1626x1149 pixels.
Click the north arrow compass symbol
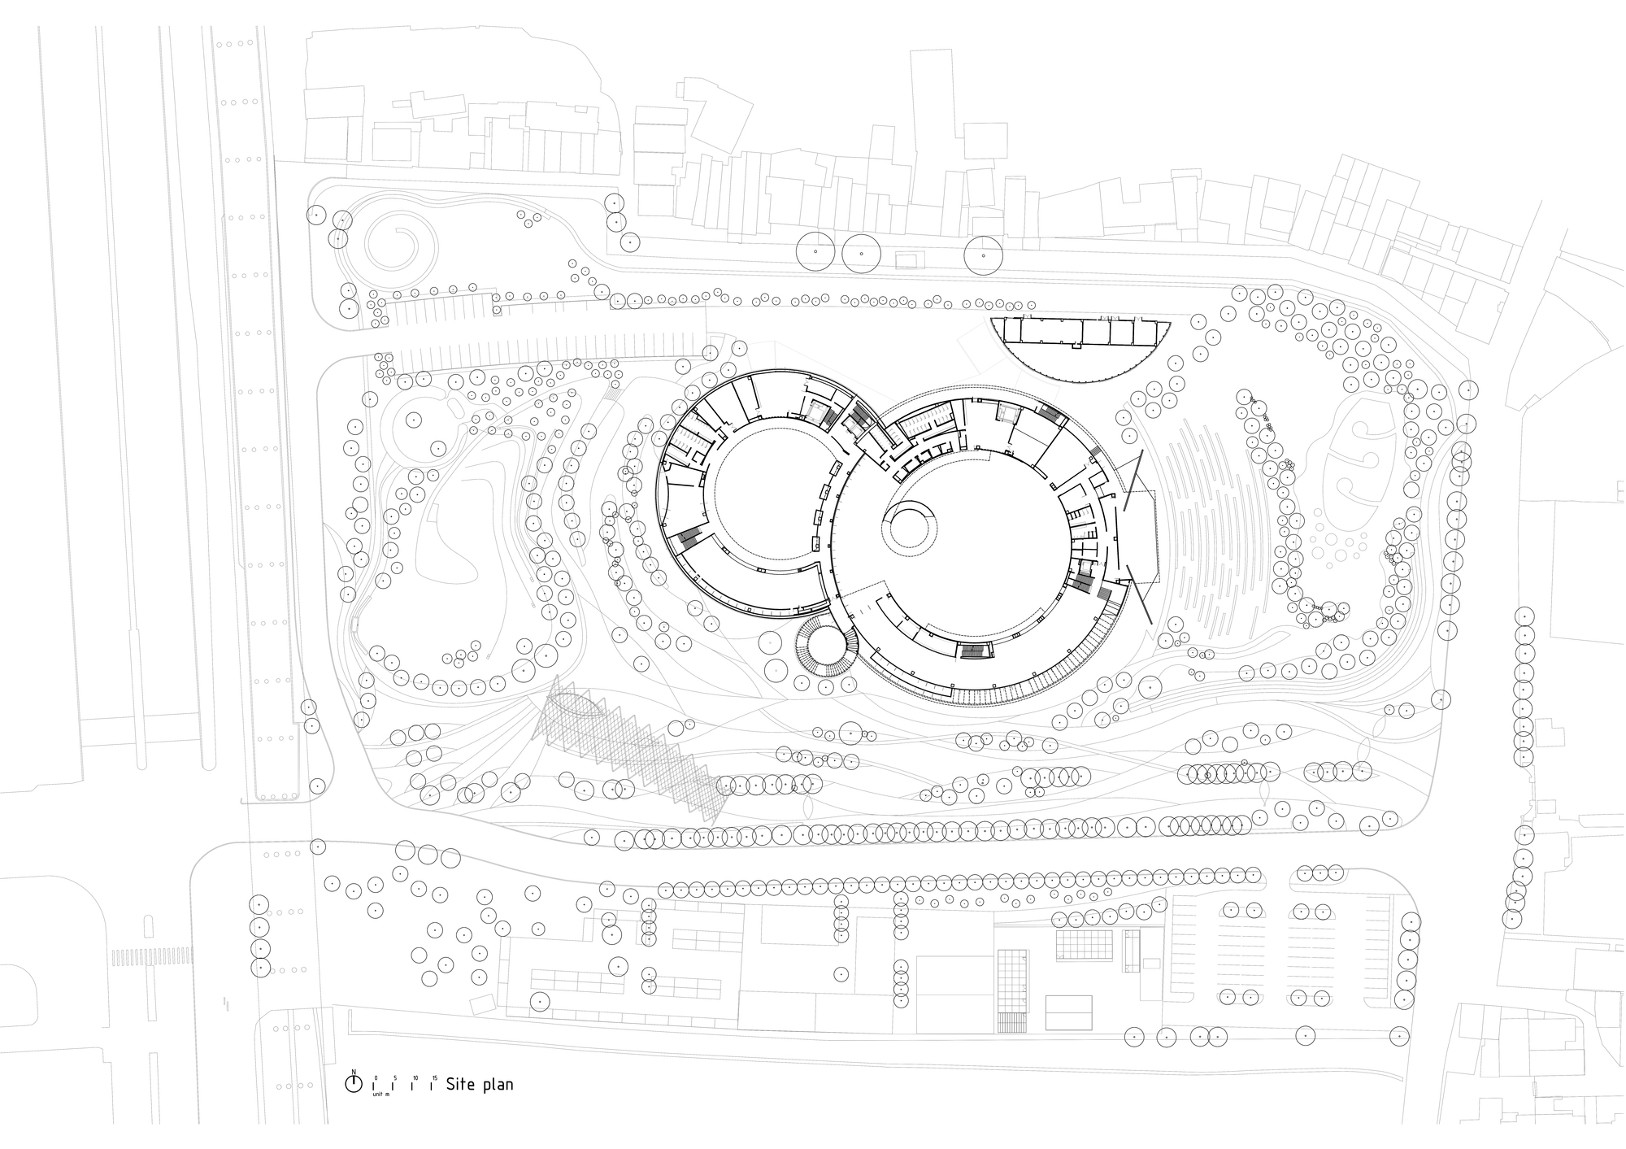coord(353,1083)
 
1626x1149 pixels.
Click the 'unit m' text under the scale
coord(380,1095)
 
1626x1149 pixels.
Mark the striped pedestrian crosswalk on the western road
coord(152,956)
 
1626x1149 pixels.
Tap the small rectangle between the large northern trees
coord(909,259)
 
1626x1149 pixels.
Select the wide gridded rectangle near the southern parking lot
coord(1084,945)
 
